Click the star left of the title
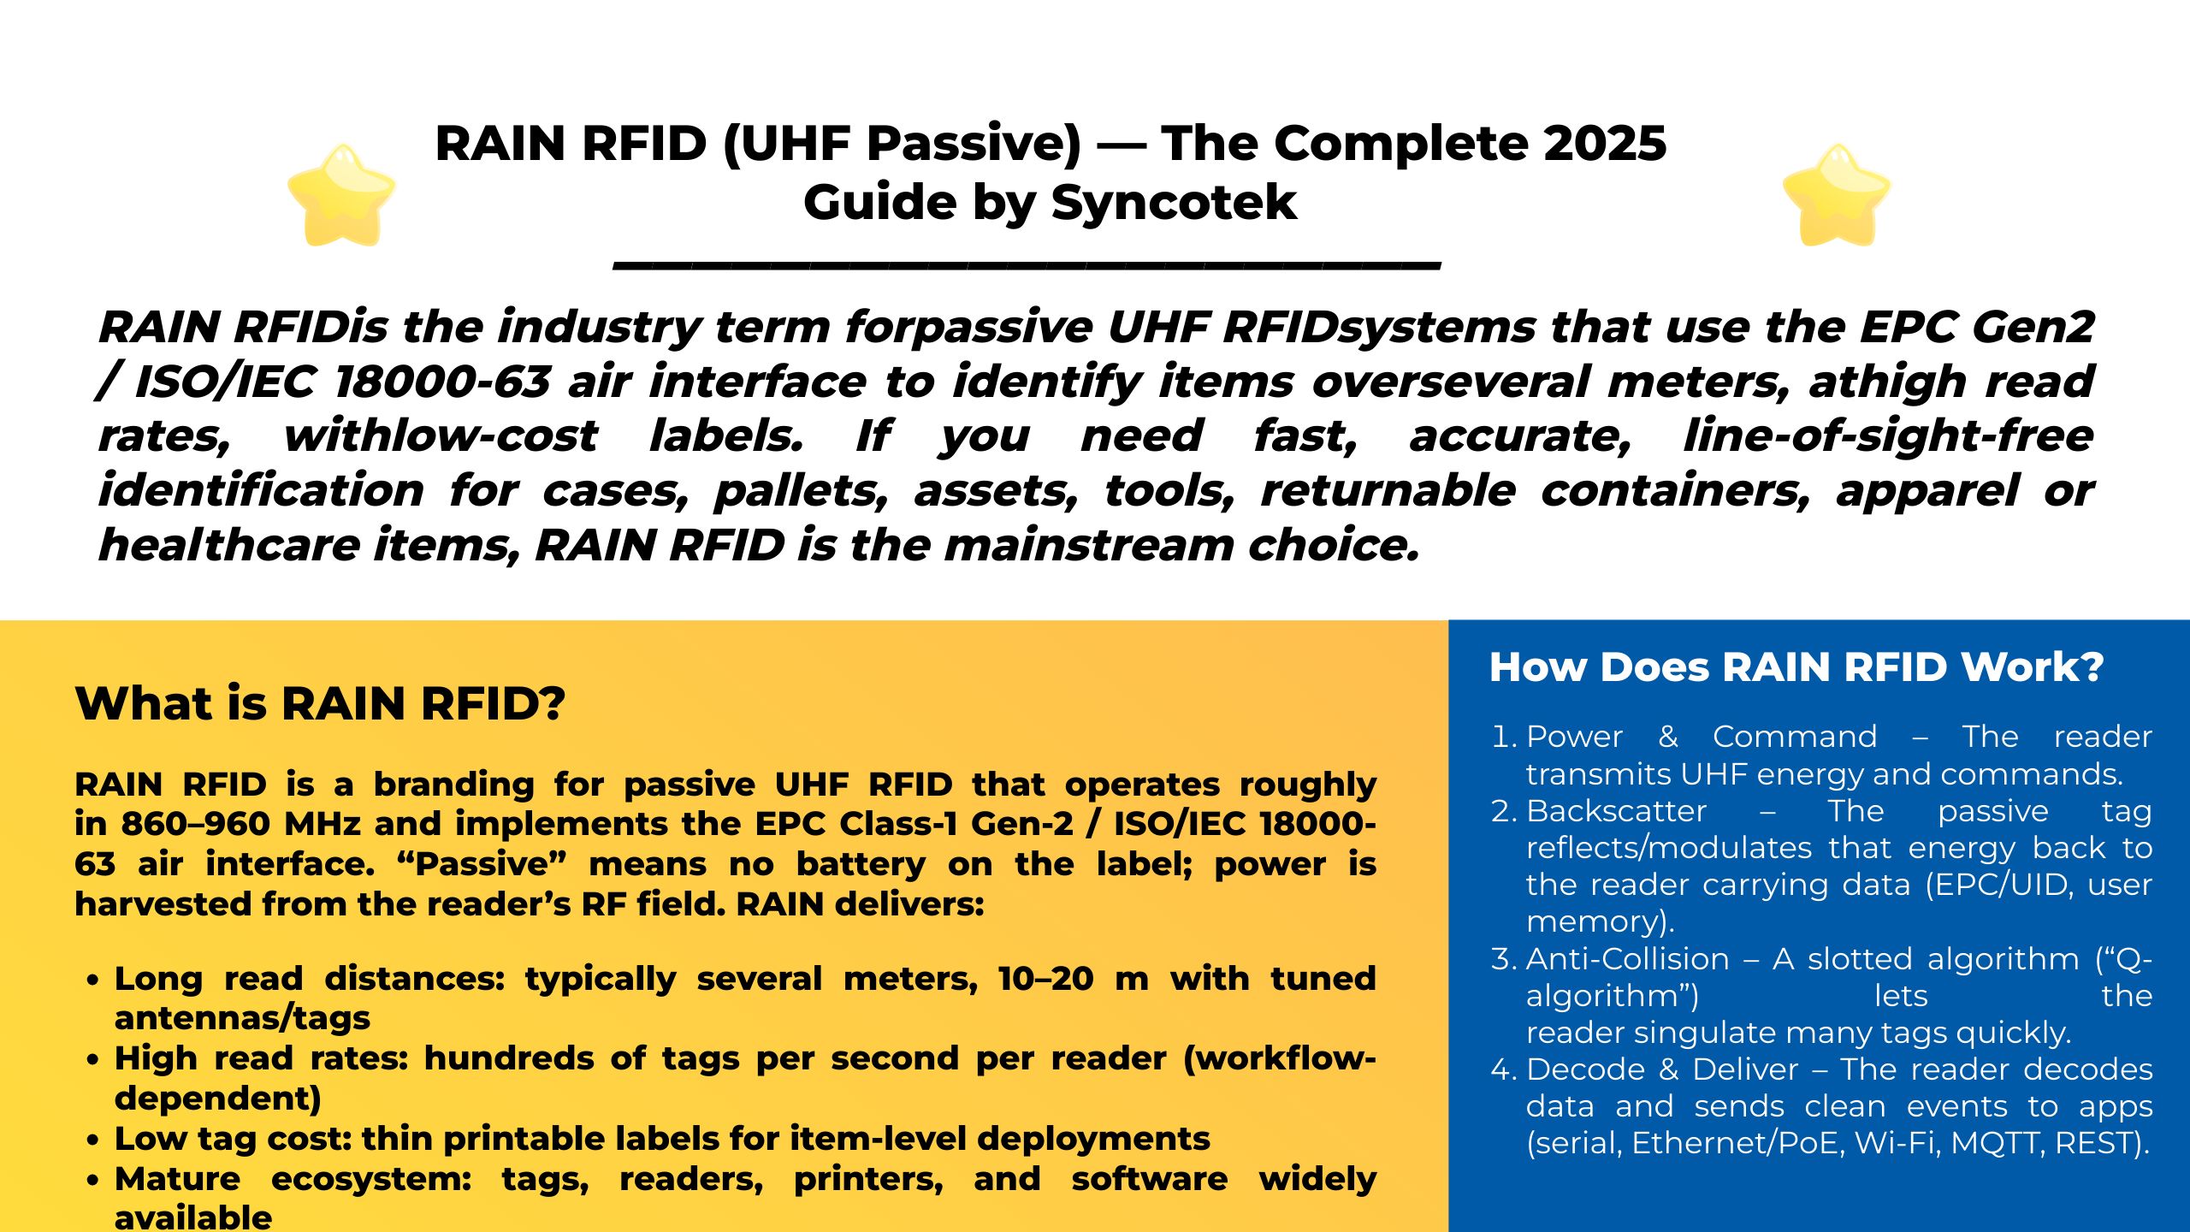pyautogui.click(x=341, y=195)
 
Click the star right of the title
pyautogui.click(x=1836, y=195)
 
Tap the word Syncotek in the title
pyautogui.click(x=1174, y=203)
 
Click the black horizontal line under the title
pyautogui.click(x=1027, y=266)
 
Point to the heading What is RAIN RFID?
pyautogui.click(x=320, y=704)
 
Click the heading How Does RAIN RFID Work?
pyautogui.click(x=1796, y=667)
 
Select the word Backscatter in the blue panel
pyautogui.click(x=1616, y=811)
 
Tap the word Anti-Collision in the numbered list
pyautogui.click(x=1627, y=959)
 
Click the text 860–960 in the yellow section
pyautogui.click(x=198, y=824)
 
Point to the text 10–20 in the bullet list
pyautogui.click(x=1045, y=979)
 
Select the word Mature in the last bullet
pyautogui.click(x=177, y=1179)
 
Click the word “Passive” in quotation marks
pyautogui.click(x=482, y=864)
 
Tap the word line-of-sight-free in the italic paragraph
pyautogui.click(x=1887, y=436)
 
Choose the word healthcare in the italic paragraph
pyautogui.click(x=228, y=545)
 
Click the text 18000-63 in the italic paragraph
pyautogui.click(x=442, y=382)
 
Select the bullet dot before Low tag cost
pyautogui.click(x=93, y=1140)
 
